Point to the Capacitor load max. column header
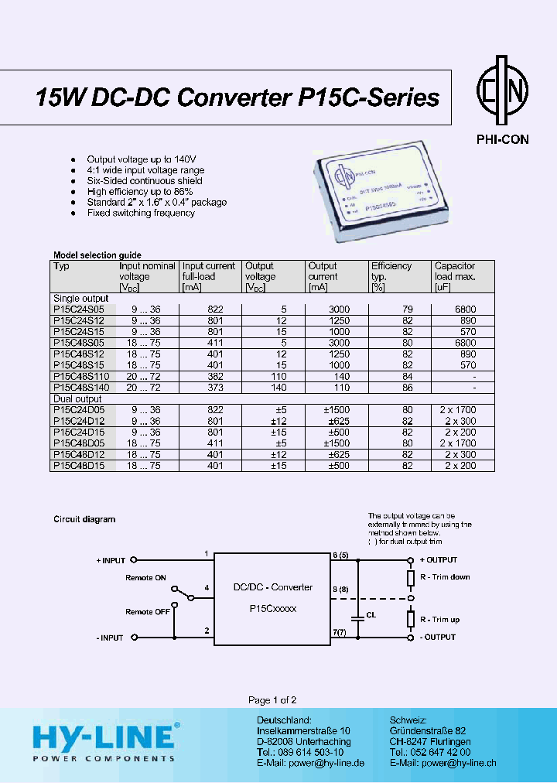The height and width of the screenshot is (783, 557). click(x=455, y=271)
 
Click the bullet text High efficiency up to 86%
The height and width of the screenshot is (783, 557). click(x=140, y=191)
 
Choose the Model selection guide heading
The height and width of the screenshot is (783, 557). click(x=97, y=255)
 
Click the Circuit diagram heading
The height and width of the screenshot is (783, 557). click(x=84, y=519)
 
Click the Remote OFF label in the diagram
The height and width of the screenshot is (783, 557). click(x=148, y=612)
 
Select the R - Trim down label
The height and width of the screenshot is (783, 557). click(x=445, y=577)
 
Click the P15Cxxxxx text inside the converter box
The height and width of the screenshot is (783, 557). click(x=273, y=609)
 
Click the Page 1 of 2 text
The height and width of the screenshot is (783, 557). click(x=272, y=700)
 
